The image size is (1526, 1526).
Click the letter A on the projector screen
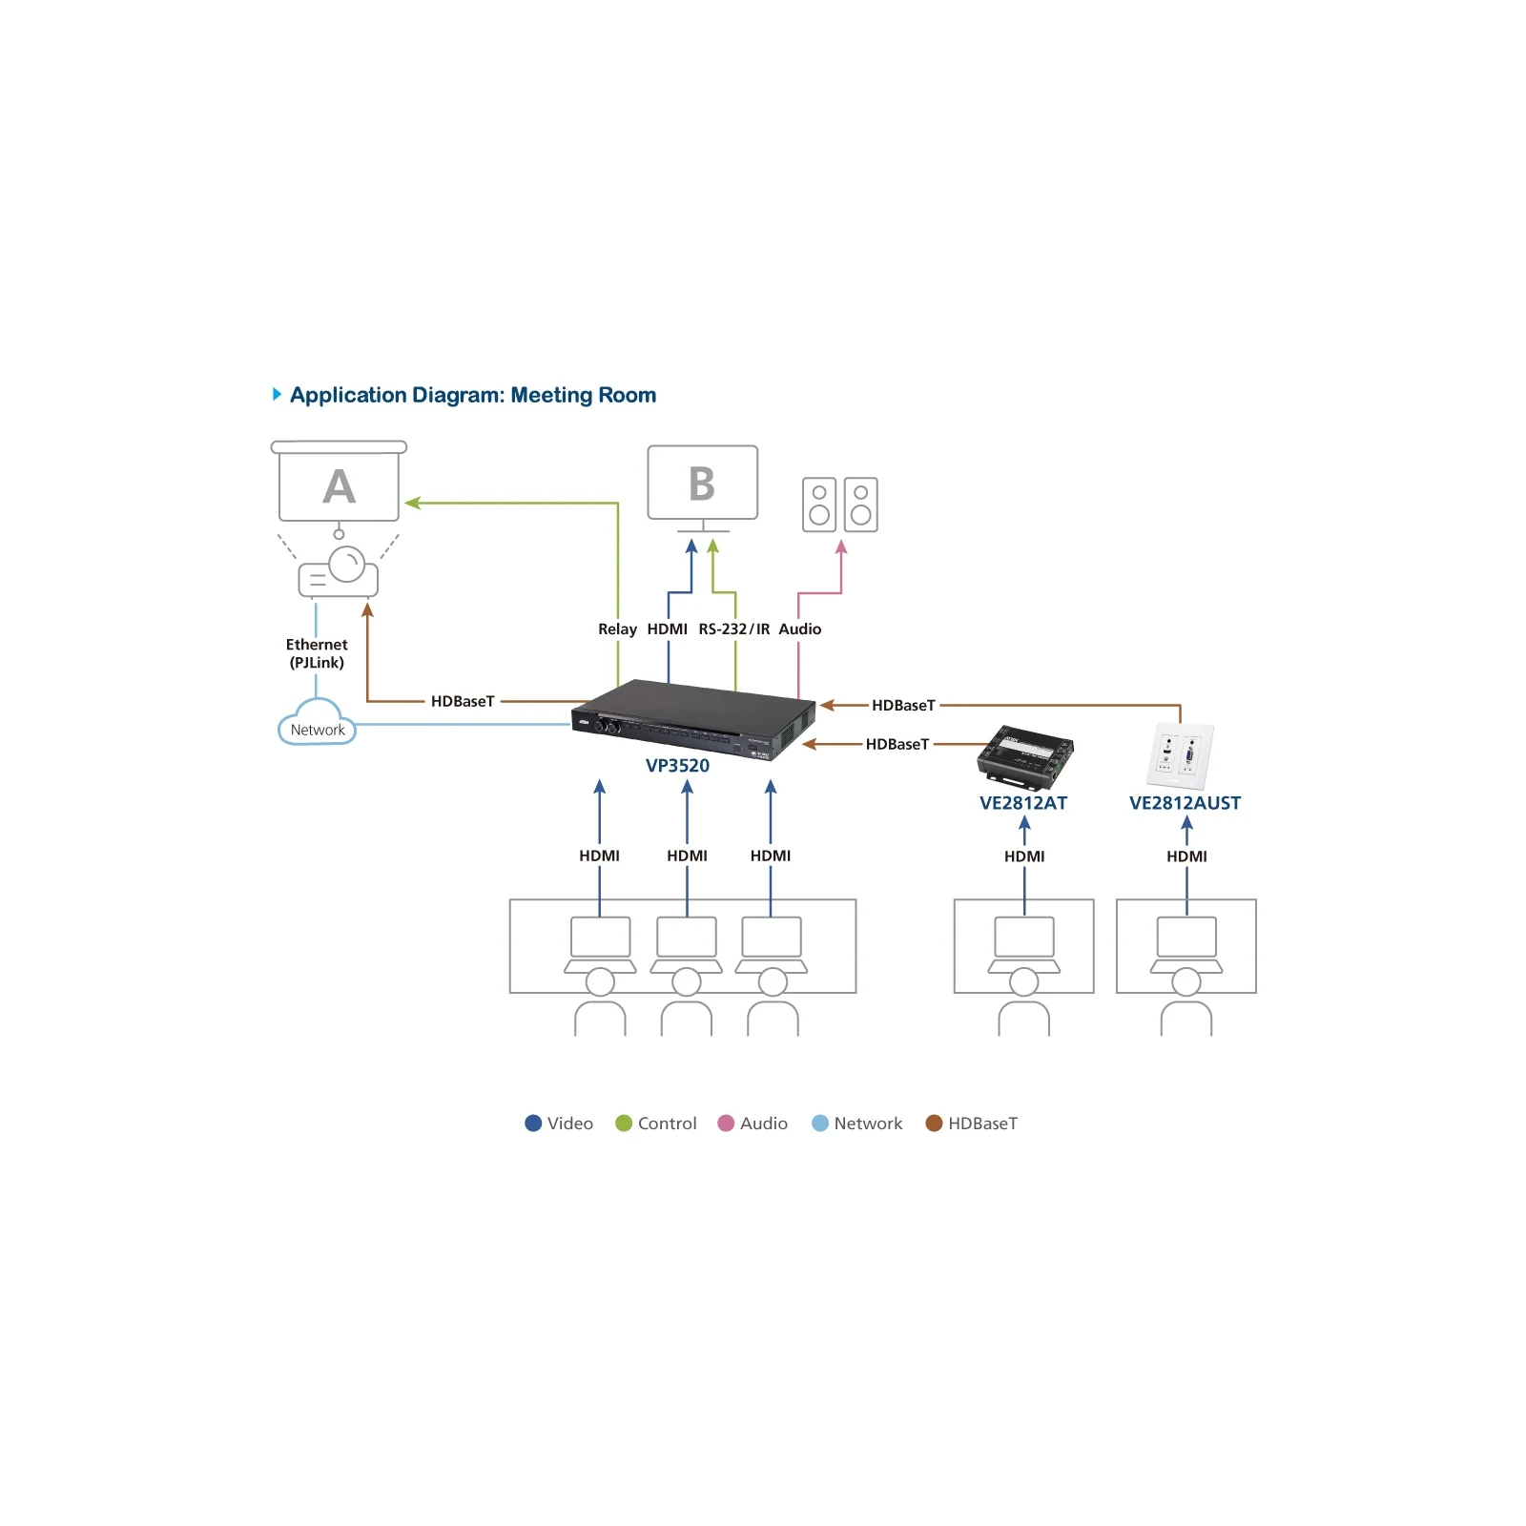(x=339, y=486)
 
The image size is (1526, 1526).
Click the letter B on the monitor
(x=702, y=484)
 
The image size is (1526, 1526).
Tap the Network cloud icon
(x=317, y=722)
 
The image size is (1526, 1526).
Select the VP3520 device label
(x=677, y=766)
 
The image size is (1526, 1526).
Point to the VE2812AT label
(x=1023, y=803)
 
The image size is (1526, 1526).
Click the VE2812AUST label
(x=1186, y=803)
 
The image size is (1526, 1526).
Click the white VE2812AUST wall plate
(x=1180, y=755)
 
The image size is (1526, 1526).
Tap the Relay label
(x=617, y=629)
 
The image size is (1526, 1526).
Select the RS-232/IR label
(x=734, y=629)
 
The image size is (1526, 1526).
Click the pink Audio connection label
(x=800, y=629)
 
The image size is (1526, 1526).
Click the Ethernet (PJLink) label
(x=317, y=653)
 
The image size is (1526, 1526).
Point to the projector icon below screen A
(x=339, y=571)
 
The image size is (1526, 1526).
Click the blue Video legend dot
(x=533, y=1124)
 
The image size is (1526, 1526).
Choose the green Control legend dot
(x=624, y=1124)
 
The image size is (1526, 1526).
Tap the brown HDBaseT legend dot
(x=934, y=1124)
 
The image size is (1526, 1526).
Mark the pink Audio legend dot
(x=726, y=1124)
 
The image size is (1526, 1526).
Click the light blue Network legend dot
(x=820, y=1124)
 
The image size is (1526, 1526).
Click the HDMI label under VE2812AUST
(x=1186, y=856)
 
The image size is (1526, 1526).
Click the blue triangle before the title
(x=277, y=394)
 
